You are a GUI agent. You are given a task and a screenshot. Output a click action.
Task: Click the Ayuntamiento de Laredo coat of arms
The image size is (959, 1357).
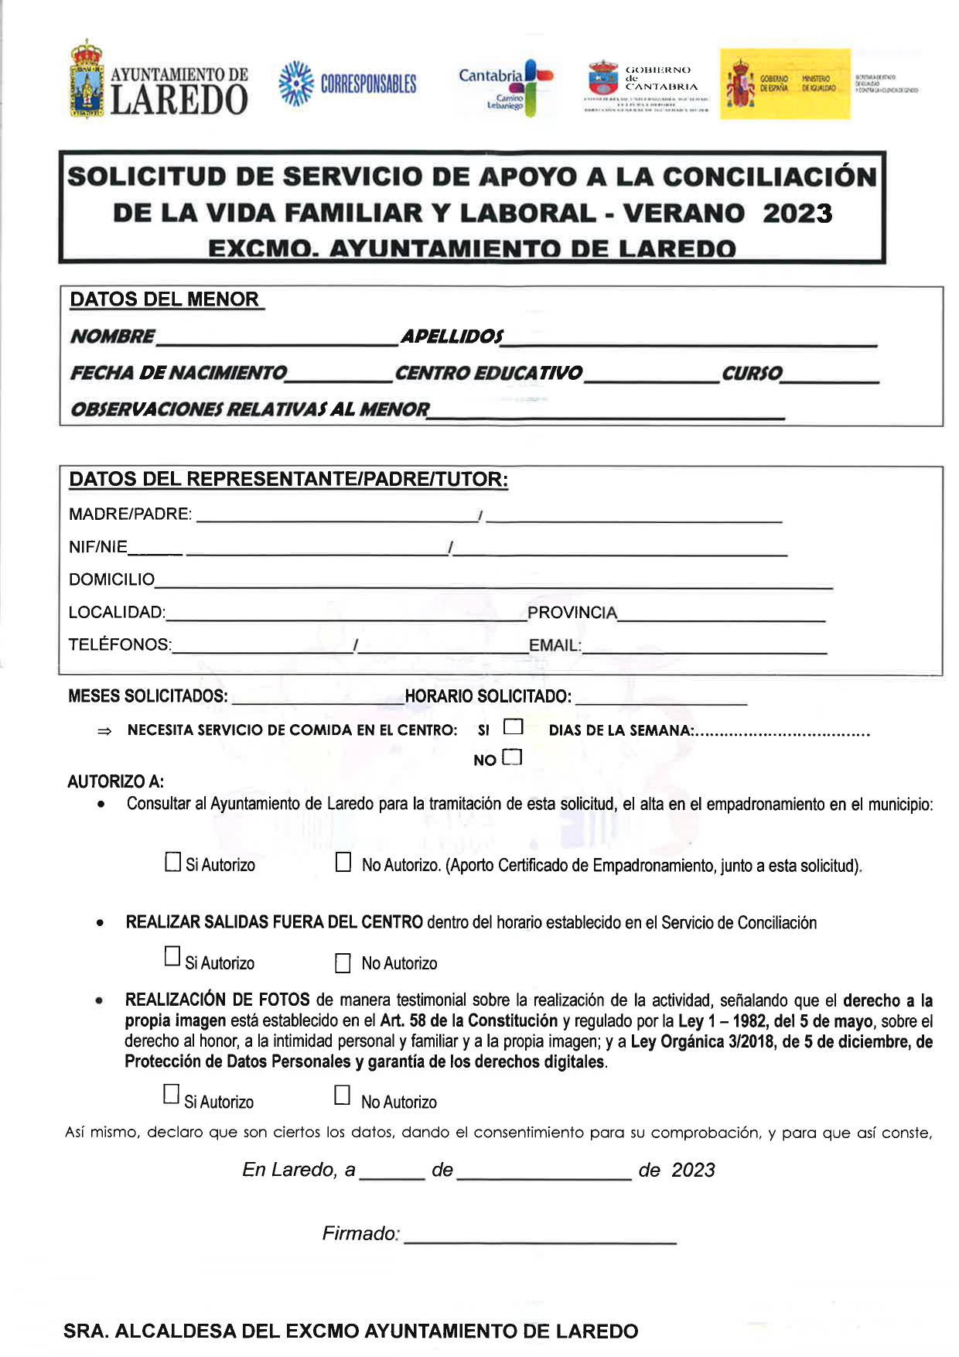pyautogui.click(x=87, y=80)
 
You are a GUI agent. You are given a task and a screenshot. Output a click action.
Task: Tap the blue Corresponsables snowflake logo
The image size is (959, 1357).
pyautogui.click(x=295, y=83)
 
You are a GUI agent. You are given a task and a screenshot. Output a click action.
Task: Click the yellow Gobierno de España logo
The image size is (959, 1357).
pyautogui.click(x=785, y=84)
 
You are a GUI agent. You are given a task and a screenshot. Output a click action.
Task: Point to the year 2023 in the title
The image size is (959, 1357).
pyautogui.click(x=797, y=214)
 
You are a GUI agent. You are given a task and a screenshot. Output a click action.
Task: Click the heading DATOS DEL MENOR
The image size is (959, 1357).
pyautogui.click(x=165, y=299)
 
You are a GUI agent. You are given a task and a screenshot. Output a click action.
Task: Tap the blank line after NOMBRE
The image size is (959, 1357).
pyautogui.click(x=277, y=340)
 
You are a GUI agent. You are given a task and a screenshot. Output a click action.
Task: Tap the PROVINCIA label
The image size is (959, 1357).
pyautogui.click(x=572, y=613)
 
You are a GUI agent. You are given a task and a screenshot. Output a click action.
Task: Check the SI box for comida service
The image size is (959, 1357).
pyautogui.click(x=513, y=726)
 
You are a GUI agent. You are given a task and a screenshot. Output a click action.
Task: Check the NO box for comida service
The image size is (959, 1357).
pyautogui.click(x=512, y=757)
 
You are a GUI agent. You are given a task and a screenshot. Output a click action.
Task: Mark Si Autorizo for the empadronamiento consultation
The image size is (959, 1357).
pyautogui.click(x=173, y=862)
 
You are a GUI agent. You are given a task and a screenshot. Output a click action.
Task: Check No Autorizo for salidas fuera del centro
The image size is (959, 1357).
pyautogui.click(x=343, y=962)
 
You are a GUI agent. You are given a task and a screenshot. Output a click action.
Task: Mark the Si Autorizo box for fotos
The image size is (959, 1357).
pyautogui.click(x=171, y=1094)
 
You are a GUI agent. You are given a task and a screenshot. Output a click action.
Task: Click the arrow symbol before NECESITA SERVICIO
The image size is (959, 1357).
pyautogui.click(x=104, y=731)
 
